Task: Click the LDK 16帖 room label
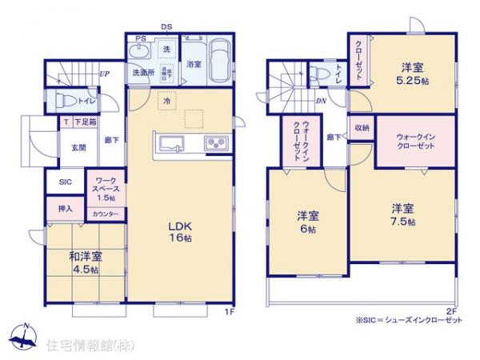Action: pyautogui.click(x=178, y=233)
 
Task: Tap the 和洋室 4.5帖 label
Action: pyautogui.click(x=84, y=263)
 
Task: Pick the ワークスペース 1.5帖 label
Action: pyautogui.click(x=106, y=189)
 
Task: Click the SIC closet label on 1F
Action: pyautogui.click(x=66, y=182)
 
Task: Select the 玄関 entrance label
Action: pyautogui.click(x=78, y=148)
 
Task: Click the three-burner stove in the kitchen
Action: pyautogui.click(x=216, y=145)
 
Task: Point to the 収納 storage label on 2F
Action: pyautogui.click(x=362, y=128)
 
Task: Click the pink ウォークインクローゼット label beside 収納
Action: pyautogui.click(x=416, y=142)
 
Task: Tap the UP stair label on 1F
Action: pyautogui.click(x=104, y=74)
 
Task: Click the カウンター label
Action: pyautogui.click(x=106, y=214)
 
